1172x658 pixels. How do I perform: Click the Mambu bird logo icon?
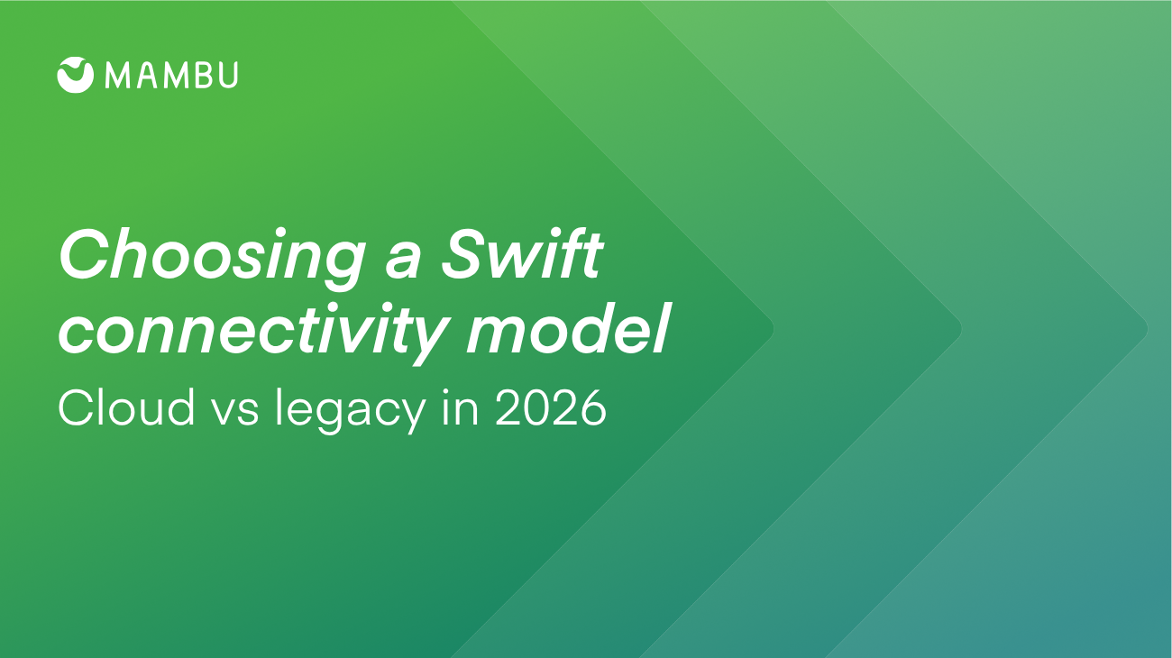coord(76,75)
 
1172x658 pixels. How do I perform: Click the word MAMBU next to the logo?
coord(171,75)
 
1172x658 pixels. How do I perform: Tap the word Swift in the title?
coord(522,255)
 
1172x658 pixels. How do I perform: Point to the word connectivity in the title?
coord(254,331)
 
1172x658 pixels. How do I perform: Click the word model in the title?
coord(568,328)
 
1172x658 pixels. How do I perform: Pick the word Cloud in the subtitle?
coord(126,407)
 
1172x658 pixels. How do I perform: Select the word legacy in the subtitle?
coord(350,411)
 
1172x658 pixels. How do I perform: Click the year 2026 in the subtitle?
coord(551,407)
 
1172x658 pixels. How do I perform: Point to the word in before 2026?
coord(461,407)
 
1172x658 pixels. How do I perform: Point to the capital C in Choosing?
coord(83,254)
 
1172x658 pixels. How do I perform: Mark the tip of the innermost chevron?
coord(774,329)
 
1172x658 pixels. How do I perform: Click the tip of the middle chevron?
coord(961,329)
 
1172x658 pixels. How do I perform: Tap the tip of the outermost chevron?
coord(1148,329)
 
